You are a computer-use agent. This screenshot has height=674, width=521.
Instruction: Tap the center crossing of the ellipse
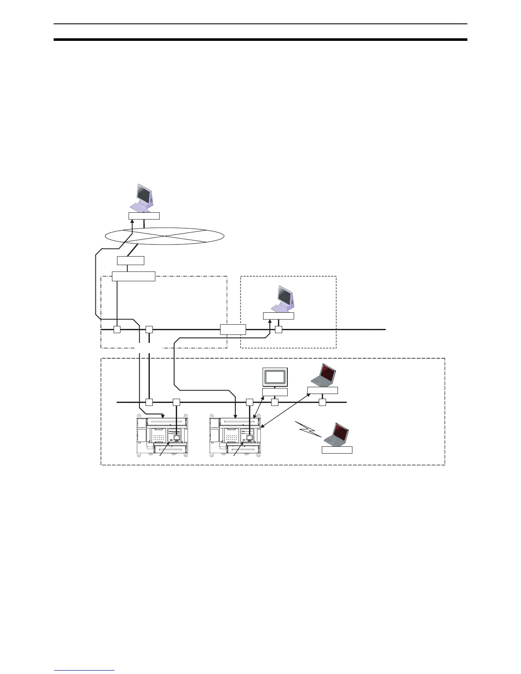[164, 236]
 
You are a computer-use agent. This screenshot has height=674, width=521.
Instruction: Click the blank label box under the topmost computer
[144, 216]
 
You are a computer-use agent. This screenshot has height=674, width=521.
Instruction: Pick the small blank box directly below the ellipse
[131, 260]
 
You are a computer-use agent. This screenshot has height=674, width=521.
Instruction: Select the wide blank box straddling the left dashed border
[133, 276]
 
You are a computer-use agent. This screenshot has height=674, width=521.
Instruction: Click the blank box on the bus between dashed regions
[233, 329]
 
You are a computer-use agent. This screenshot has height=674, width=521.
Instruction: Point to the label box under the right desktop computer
[278, 316]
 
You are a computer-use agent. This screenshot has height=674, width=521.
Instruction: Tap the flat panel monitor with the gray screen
[275, 377]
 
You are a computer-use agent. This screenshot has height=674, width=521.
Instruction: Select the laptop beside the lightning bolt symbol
[336, 434]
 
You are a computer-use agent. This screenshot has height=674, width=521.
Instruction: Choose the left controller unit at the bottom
[162, 437]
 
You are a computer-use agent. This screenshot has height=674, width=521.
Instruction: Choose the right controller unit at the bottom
[235, 437]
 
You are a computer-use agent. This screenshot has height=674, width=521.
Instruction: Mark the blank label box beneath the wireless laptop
[337, 450]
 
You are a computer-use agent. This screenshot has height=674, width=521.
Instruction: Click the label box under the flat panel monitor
[275, 392]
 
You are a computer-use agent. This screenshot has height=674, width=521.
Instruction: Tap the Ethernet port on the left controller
[176, 437]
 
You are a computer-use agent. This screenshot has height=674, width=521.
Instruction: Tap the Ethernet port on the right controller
[249, 437]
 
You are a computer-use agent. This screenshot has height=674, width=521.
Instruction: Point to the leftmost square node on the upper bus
[117, 329]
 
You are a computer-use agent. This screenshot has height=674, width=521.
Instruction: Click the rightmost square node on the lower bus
[322, 402]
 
